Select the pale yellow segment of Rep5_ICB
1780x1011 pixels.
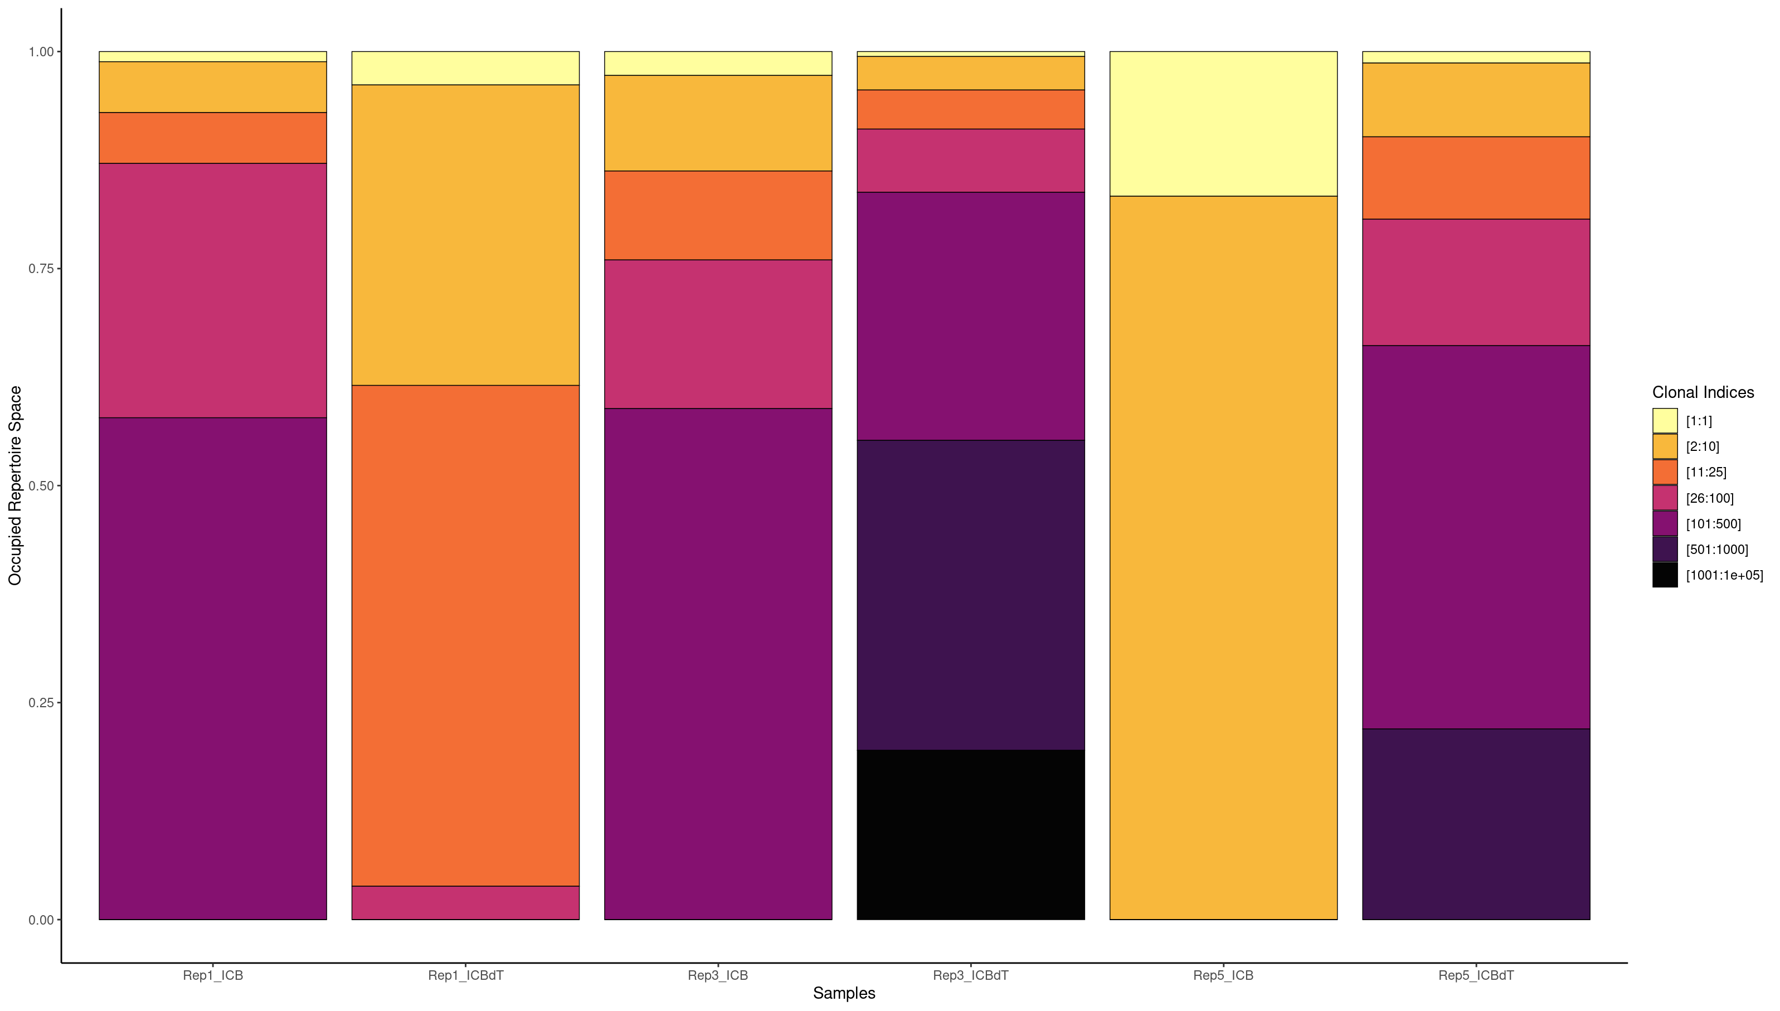click(1223, 124)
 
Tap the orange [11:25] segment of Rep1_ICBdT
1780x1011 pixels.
click(465, 635)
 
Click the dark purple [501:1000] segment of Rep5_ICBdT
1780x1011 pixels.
click(1476, 824)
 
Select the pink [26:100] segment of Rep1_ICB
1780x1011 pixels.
click(212, 290)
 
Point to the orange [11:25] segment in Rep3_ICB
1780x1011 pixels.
click(718, 215)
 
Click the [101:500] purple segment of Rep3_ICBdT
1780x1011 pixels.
click(971, 316)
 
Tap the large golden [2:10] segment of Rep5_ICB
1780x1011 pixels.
click(1223, 557)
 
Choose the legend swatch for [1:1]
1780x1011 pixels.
click(1665, 421)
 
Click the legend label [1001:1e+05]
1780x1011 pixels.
click(1724, 575)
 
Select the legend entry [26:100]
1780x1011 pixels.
click(1709, 498)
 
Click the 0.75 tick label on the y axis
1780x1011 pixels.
click(40, 269)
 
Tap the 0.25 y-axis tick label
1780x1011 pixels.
click(40, 703)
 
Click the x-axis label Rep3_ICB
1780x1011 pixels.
click(718, 975)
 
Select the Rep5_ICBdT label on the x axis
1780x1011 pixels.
click(1476, 975)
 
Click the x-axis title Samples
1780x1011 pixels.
click(844, 993)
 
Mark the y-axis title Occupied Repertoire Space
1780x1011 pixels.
click(15, 485)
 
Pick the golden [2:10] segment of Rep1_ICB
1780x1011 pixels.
click(212, 87)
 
